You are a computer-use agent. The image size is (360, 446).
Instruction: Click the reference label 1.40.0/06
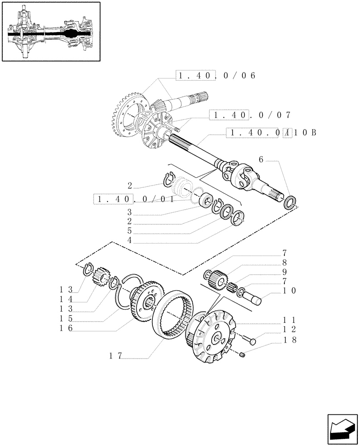tap(216, 76)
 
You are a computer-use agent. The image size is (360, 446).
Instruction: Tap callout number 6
tap(262, 160)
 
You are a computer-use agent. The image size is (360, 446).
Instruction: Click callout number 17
tap(116, 355)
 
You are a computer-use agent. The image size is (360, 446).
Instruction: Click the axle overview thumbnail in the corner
tap(51, 31)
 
